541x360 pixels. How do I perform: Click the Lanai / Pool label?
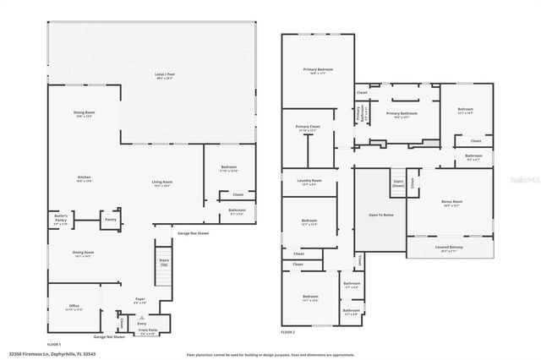coord(153,76)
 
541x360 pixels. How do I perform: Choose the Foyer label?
coord(140,300)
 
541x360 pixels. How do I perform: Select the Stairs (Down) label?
coord(397,183)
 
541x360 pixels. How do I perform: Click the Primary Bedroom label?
coord(319,70)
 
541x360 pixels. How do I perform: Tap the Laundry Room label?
coord(310,182)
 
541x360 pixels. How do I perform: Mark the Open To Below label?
coord(380,215)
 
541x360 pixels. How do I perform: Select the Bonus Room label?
coord(452,203)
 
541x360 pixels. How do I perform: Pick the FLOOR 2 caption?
coord(291,331)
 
